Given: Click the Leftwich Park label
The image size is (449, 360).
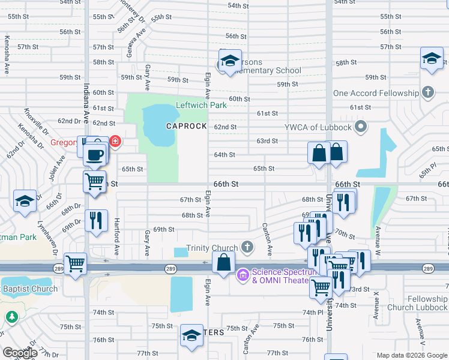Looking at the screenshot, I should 201,105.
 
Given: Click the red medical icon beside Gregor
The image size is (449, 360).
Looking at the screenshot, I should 114,143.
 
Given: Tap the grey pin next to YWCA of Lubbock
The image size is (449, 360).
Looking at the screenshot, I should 360,127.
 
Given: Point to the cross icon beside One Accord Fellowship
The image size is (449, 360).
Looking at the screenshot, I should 427,93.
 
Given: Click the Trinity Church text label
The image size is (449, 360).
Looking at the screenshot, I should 212,248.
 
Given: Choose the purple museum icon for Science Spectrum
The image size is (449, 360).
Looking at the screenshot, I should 243,275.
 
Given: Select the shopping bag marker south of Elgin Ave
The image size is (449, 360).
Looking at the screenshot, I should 223,262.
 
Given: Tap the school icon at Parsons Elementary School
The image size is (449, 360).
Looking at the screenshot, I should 229,61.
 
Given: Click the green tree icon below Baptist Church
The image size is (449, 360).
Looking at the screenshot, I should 10,316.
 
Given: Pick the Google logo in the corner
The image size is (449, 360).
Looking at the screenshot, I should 20,353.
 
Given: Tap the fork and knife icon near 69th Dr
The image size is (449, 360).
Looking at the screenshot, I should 96,220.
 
